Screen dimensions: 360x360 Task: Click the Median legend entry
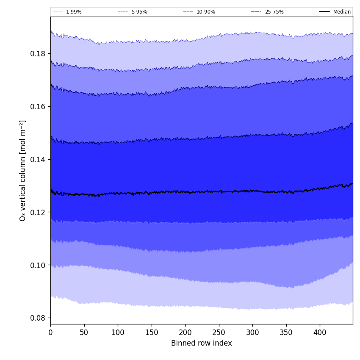tap(342, 12)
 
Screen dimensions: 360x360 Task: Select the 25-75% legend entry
tap(274, 12)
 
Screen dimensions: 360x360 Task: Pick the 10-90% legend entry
tap(205, 12)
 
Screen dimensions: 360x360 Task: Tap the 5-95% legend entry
tap(139, 12)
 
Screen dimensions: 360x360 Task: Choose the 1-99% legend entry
tap(74, 12)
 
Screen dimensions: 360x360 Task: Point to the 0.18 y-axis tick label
tap(37, 54)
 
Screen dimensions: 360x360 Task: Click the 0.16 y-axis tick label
tap(37, 106)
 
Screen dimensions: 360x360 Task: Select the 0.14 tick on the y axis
tap(37, 159)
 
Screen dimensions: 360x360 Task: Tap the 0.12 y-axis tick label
tap(37, 212)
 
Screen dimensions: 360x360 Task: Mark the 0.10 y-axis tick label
tap(37, 265)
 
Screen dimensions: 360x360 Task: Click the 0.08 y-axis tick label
tap(37, 318)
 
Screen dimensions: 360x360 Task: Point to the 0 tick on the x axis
tap(50, 333)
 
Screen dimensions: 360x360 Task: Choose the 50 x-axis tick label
tap(84, 333)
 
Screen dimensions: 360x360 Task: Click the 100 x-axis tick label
tap(118, 333)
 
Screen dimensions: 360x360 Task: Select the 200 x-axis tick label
tap(185, 333)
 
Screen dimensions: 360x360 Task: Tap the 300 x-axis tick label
tap(252, 333)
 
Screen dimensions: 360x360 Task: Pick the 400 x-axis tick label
tap(320, 333)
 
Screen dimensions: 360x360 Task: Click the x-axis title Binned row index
tap(202, 343)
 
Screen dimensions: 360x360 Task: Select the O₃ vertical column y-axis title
tap(23, 170)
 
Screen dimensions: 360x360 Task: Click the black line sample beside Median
tap(325, 12)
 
